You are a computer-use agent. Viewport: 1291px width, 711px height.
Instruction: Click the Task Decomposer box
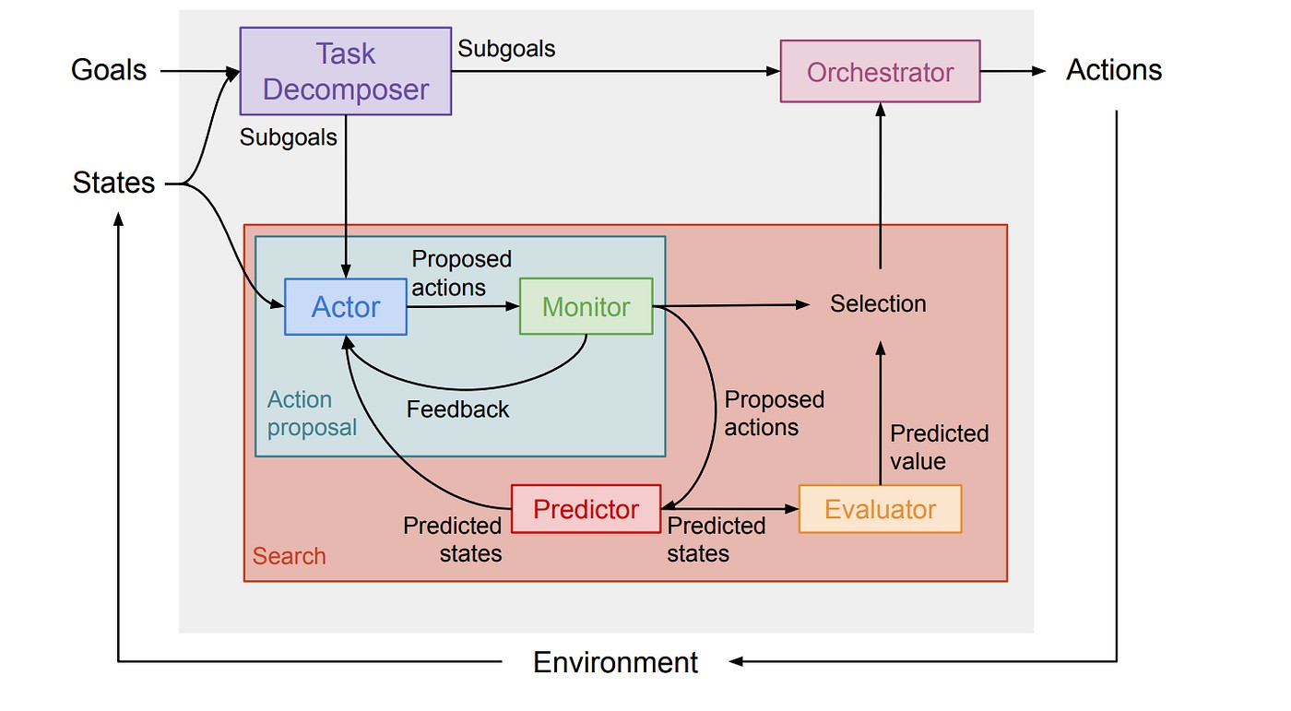click(x=345, y=71)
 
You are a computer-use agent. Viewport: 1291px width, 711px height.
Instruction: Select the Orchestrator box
click(x=880, y=72)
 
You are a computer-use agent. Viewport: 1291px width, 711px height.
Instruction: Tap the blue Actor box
click(x=346, y=307)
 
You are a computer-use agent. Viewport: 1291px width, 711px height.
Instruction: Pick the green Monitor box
click(x=586, y=307)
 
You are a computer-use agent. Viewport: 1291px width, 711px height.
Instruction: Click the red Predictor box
click(x=586, y=509)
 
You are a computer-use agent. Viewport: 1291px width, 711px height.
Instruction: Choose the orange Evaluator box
click(x=880, y=509)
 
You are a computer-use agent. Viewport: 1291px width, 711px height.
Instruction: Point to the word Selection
click(x=878, y=303)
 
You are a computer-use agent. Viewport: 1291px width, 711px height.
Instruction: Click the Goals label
click(x=109, y=70)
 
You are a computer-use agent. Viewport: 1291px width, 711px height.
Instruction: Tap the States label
click(x=113, y=184)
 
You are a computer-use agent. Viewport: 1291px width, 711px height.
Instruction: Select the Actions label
click(x=1114, y=70)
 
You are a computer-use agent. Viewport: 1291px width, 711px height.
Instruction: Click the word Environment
click(x=616, y=662)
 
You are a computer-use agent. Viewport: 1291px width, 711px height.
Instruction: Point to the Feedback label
click(x=457, y=409)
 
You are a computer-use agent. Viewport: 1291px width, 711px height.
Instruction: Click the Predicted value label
click(x=939, y=447)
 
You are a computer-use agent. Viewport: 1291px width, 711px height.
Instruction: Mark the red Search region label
click(x=289, y=556)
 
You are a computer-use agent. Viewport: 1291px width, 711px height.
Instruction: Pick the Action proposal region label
click(x=311, y=414)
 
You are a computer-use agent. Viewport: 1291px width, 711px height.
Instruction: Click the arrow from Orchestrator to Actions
click(x=1013, y=71)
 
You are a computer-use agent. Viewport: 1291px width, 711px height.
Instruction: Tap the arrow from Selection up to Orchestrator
click(x=880, y=184)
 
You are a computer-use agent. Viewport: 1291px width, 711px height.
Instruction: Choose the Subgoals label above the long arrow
click(x=506, y=49)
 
